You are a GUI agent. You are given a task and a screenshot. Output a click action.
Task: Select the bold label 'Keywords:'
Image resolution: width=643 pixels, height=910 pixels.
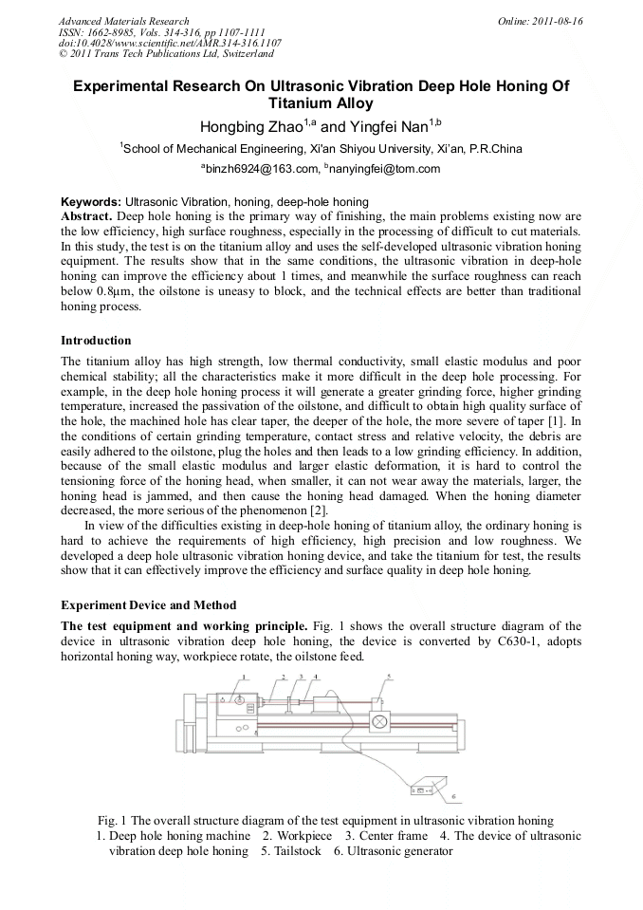tap(91, 202)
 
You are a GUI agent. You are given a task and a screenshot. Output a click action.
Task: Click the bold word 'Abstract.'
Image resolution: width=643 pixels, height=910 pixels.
tap(88, 216)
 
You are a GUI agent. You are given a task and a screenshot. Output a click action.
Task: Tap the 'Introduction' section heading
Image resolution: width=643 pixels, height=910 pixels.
tap(96, 341)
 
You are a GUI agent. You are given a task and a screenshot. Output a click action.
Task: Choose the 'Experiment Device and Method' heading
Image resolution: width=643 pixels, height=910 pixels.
tap(148, 605)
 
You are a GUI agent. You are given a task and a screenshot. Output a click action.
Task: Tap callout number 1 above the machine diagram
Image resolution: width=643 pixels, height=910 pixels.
tap(244, 678)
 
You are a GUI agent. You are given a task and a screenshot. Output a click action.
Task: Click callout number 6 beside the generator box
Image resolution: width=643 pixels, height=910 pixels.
tap(453, 795)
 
